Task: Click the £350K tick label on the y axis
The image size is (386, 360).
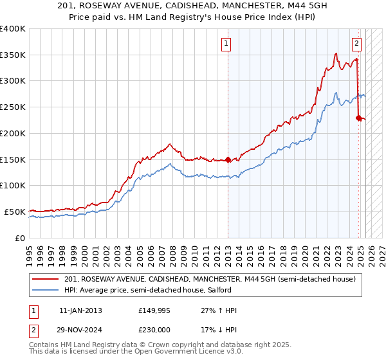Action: pos(13,55)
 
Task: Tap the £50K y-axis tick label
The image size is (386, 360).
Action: pos(15,212)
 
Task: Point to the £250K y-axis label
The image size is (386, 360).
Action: pos(13,107)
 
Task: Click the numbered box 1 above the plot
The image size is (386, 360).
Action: pos(227,44)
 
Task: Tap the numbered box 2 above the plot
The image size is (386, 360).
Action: pos(356,44)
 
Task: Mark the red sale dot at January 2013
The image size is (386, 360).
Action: pos(228,160)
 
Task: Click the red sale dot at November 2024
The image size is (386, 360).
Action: pos(358,118)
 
